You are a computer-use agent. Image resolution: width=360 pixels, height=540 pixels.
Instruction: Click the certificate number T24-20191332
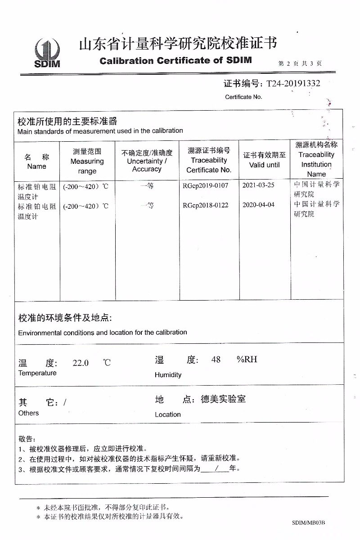pyautogui.click(x=293, y=84)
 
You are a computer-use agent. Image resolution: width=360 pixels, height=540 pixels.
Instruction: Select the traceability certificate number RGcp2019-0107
pyautogui.click(x=206, y=185)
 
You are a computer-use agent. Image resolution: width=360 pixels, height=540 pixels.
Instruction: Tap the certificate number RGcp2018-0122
pyautogui.click(x=206, y=206)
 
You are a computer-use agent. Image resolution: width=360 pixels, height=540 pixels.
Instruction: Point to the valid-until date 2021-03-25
pyautogui.click(x=264, y=185)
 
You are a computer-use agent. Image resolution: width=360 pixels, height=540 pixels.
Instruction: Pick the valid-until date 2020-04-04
pyautogui.click(x=264, y=206)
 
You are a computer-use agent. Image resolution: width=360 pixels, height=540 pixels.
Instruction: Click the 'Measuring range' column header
pyautogui.click(x=87, y=161)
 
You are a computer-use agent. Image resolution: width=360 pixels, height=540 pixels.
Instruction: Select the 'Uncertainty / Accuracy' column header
pyautogui.click(x=147, y=161)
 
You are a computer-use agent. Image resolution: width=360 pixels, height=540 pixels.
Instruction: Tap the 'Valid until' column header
pyautogui.click(x=264, y=160)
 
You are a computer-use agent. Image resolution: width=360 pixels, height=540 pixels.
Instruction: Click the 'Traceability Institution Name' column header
pyautogui.click(x=316, y=159)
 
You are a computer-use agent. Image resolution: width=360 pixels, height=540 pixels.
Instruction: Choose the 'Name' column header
pyautogui.click(x=36, y=162)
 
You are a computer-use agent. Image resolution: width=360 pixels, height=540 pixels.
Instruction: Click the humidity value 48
pyautogui.click(x=216, y=360)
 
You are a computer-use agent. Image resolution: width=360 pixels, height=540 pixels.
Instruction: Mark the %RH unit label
pyautogui.click(x=247, y=360)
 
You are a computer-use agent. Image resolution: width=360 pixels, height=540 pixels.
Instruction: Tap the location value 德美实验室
pyautogui.click(x=223, y=399)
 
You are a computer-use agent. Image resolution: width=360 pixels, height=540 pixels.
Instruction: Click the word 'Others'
pyautogui.click(x=28, y=413)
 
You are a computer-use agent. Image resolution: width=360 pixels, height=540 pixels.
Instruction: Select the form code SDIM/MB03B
pyautogui.click(x=308, y=522)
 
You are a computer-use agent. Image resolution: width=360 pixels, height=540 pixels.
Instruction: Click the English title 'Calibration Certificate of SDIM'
pyautogui.click(x=175, y=60)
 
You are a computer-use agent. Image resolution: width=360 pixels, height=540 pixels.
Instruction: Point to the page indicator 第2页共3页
pyautogui.click(x=300, y=63)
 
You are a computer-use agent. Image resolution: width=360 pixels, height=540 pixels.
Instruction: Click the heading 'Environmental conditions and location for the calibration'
pyautogui.click(x=103, y=333)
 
